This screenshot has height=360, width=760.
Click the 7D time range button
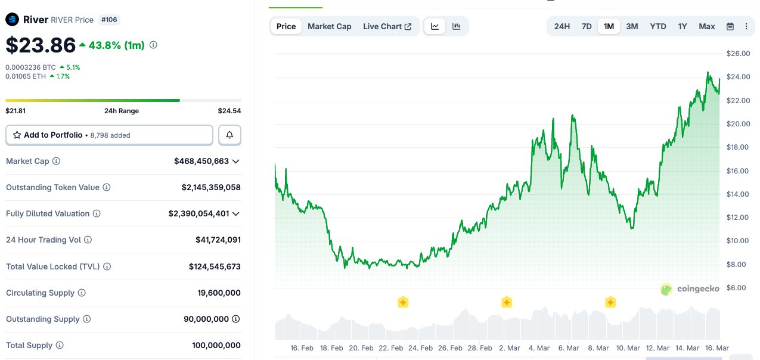coord(587,26)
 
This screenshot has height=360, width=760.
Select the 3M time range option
coord(632,26)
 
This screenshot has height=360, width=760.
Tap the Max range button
coord(707,26)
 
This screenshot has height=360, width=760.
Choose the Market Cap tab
coord(330,26)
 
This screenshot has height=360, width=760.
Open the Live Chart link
coord(387,26)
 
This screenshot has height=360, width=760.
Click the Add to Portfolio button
coord(109,135)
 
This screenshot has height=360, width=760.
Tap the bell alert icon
coord(229,135)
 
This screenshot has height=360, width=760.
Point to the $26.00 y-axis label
coord(738,54)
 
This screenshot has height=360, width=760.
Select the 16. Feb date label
coord(302,348)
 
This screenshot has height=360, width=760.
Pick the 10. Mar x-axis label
coord(628,348)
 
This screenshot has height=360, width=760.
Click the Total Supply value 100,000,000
coord(216,346)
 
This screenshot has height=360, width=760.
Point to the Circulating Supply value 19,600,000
coord(219,293)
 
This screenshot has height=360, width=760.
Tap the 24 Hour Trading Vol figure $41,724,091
coord(218,240)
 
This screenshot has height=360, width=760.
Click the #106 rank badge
coord(110,20)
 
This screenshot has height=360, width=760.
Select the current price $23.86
coord(41,45)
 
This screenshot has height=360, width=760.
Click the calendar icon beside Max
coord(730,26)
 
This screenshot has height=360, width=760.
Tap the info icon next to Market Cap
coord(57,162)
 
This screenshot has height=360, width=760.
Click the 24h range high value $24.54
coord(229,111)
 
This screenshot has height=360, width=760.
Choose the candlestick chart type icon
coord(456,26)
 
